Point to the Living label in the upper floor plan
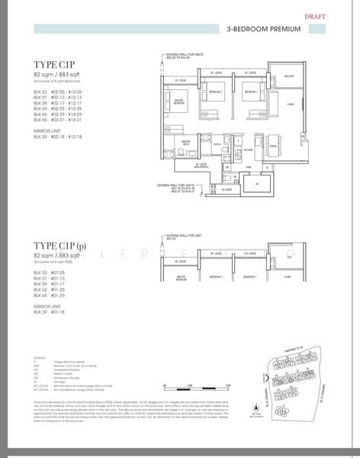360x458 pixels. [291, 105]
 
